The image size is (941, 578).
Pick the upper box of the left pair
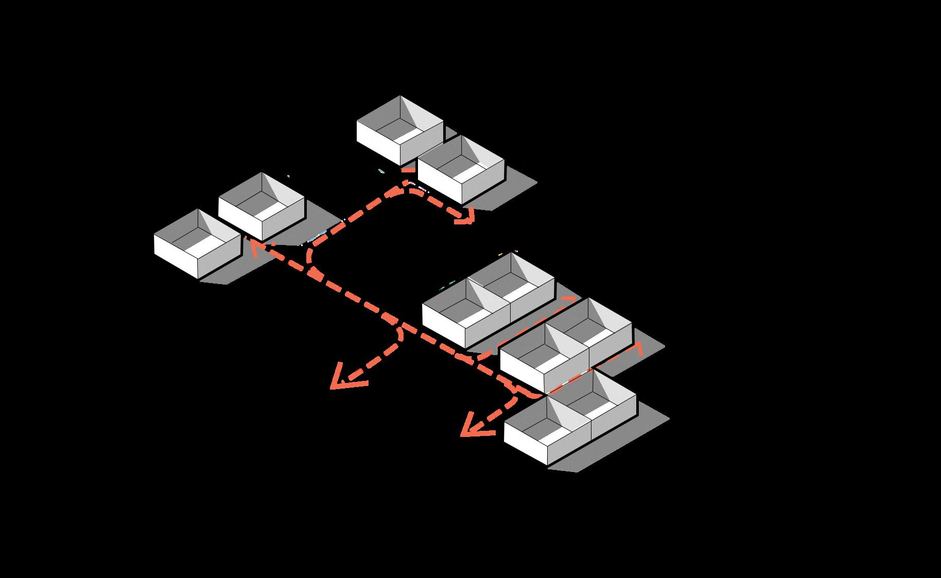[262, 206]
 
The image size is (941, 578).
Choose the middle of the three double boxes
[566, 345]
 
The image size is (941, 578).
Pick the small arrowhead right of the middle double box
[638, 348]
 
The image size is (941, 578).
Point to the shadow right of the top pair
[515, 190]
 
